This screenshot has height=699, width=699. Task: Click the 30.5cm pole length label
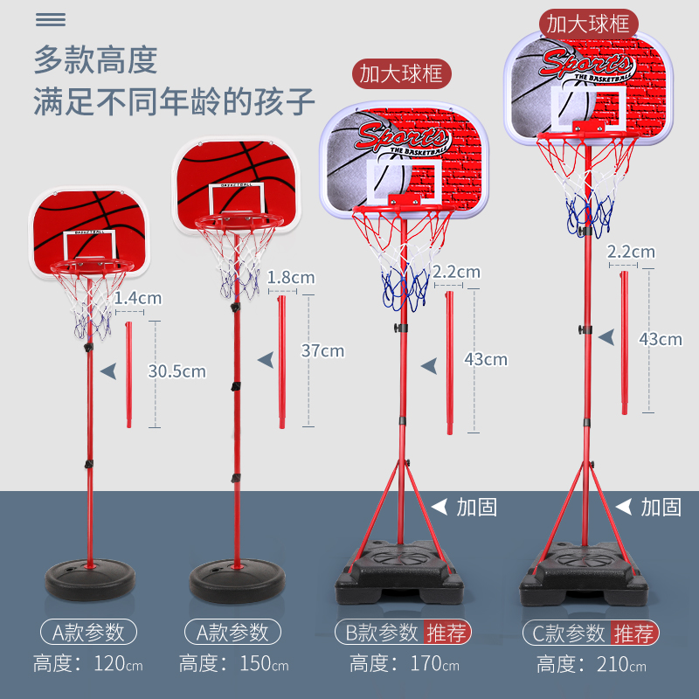pos(176,371)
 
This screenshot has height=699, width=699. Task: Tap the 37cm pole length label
pos(322,351)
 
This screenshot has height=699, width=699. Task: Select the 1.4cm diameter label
pos(138,298)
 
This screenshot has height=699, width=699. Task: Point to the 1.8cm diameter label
pos(290,278)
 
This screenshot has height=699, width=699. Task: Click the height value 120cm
pos(120,664)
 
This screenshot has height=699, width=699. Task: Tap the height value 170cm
pos(434,664)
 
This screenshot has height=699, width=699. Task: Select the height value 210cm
pos(622,664)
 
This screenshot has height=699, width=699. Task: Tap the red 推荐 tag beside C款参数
pos(635,633)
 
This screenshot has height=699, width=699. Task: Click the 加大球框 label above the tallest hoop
pos(587,23)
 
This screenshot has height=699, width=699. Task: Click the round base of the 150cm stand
pos(236,578)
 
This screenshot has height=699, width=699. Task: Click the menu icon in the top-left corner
pos(51,19)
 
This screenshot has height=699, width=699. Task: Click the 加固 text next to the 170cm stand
pos(476,507)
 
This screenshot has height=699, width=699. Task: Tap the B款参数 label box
pos(377,633)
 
